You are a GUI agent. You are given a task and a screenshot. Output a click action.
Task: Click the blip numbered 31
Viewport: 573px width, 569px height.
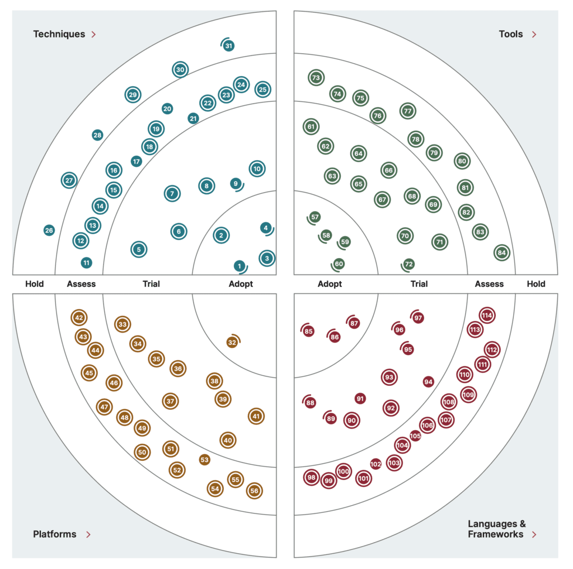[228, 46]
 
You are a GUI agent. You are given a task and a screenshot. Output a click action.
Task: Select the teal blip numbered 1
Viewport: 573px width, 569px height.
[239, 266]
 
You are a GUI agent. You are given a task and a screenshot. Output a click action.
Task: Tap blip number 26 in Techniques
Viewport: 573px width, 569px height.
[49, 230]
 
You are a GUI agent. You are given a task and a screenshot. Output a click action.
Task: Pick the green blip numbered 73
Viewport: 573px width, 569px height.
[316, 78]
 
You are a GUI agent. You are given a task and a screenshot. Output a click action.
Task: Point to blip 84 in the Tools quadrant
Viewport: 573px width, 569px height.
[502, 253]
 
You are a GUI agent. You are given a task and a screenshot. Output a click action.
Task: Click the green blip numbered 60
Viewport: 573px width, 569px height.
[339, 264]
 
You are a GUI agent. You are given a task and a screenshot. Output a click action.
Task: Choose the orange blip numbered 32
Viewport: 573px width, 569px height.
[232, 342]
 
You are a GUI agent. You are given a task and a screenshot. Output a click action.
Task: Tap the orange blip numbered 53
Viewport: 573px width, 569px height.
[205, 460]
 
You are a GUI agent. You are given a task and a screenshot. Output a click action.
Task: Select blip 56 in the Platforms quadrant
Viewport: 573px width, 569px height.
[254, 490]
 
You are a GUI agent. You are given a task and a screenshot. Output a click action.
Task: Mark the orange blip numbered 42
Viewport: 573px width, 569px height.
[79, 318]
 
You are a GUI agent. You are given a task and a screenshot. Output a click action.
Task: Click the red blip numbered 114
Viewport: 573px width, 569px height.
[487, 316]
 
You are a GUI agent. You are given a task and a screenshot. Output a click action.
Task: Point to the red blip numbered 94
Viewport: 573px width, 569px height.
[429, 382]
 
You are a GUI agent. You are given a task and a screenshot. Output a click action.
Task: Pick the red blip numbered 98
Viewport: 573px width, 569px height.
[312, 478]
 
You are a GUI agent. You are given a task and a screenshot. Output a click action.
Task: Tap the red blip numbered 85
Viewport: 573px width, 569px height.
[308, 332]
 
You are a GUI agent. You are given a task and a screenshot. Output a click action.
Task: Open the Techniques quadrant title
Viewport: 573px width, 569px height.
[59, 34]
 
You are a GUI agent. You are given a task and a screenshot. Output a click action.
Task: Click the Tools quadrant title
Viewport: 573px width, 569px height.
[511, 34]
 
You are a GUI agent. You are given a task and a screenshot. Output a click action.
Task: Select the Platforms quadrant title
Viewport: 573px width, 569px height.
[54, 534]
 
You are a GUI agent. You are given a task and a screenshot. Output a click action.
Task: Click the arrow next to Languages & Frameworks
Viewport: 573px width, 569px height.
[534, 534]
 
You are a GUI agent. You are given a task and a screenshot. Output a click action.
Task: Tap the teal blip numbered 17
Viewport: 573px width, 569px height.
[137, 161]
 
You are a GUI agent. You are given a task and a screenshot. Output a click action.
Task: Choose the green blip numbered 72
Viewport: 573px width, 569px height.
[409, 264]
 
